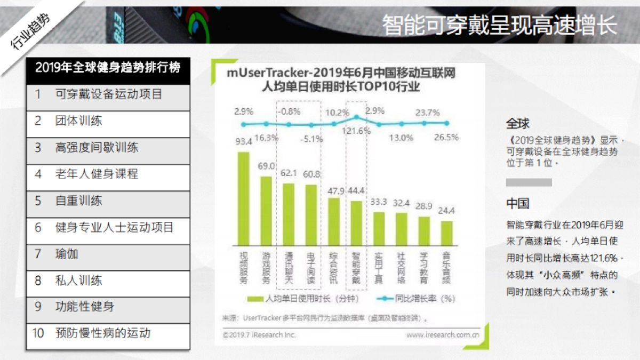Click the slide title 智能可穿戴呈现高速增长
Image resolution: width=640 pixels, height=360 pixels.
[x=499, y=25]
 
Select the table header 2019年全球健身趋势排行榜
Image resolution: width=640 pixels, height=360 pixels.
[x=108, y=68]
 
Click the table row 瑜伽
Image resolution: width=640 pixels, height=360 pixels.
[x=108, y=254]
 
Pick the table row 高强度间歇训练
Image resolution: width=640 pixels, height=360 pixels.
[x=108, y=148]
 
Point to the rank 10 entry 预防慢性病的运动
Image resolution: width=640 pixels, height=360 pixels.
[x=108, y=334]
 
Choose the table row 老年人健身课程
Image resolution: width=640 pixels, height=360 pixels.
[x=108, y=174]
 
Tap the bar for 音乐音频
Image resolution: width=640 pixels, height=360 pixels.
[x=446, y=233]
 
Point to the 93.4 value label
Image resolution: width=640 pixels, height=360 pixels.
[x=244, y=142]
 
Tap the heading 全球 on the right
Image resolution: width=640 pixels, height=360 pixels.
[x=517, y=124]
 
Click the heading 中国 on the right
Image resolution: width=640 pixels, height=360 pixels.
[x=517, y=204]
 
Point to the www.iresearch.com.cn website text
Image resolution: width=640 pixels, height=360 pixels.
[x=442, y=335]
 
